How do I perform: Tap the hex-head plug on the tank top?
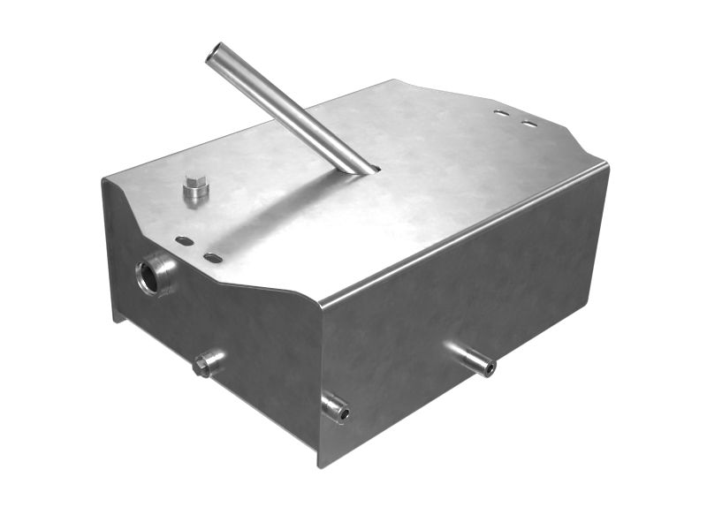pyautogui.click(x=195, y=188)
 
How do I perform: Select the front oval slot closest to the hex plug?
pyautogui.click(x=184, y=240)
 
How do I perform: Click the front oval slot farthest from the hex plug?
pyautogui.click(x=213, y=257)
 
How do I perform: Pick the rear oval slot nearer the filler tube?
pyautogui.click(x=501, y=113)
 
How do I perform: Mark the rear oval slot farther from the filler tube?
pyautogui.click(x=528, y=123)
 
